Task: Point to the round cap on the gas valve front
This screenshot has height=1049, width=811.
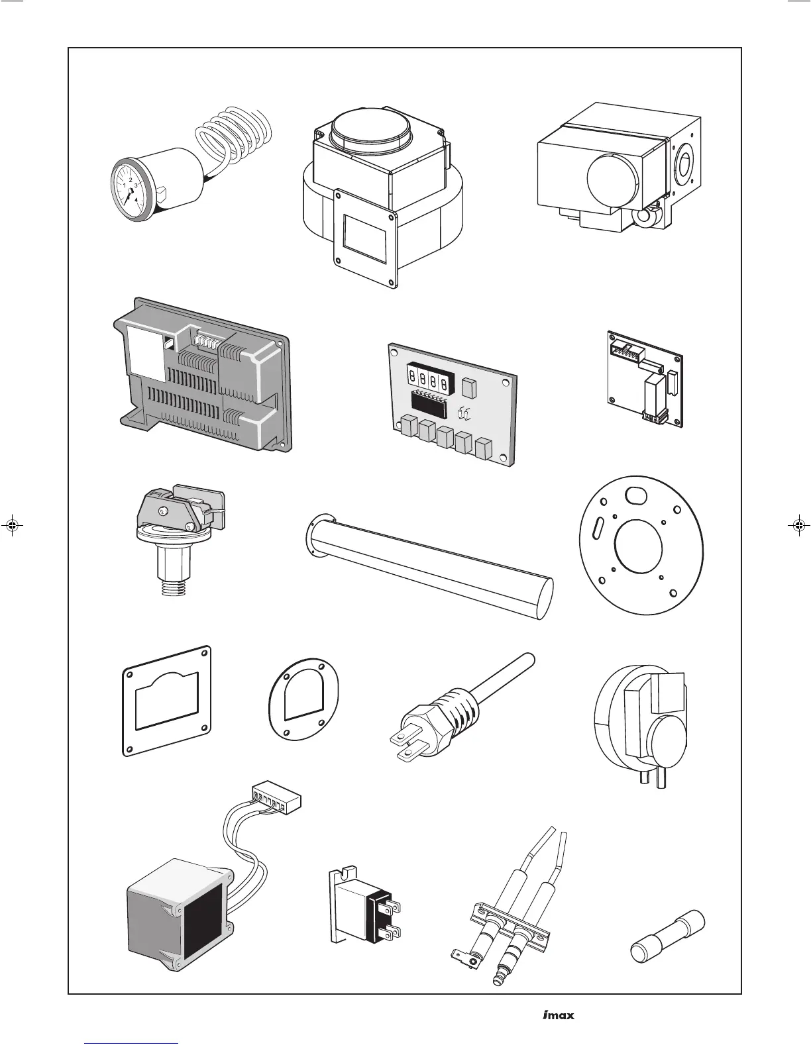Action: click(x=612, y=175)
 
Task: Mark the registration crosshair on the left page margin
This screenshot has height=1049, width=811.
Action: click(x=13, y=526)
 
